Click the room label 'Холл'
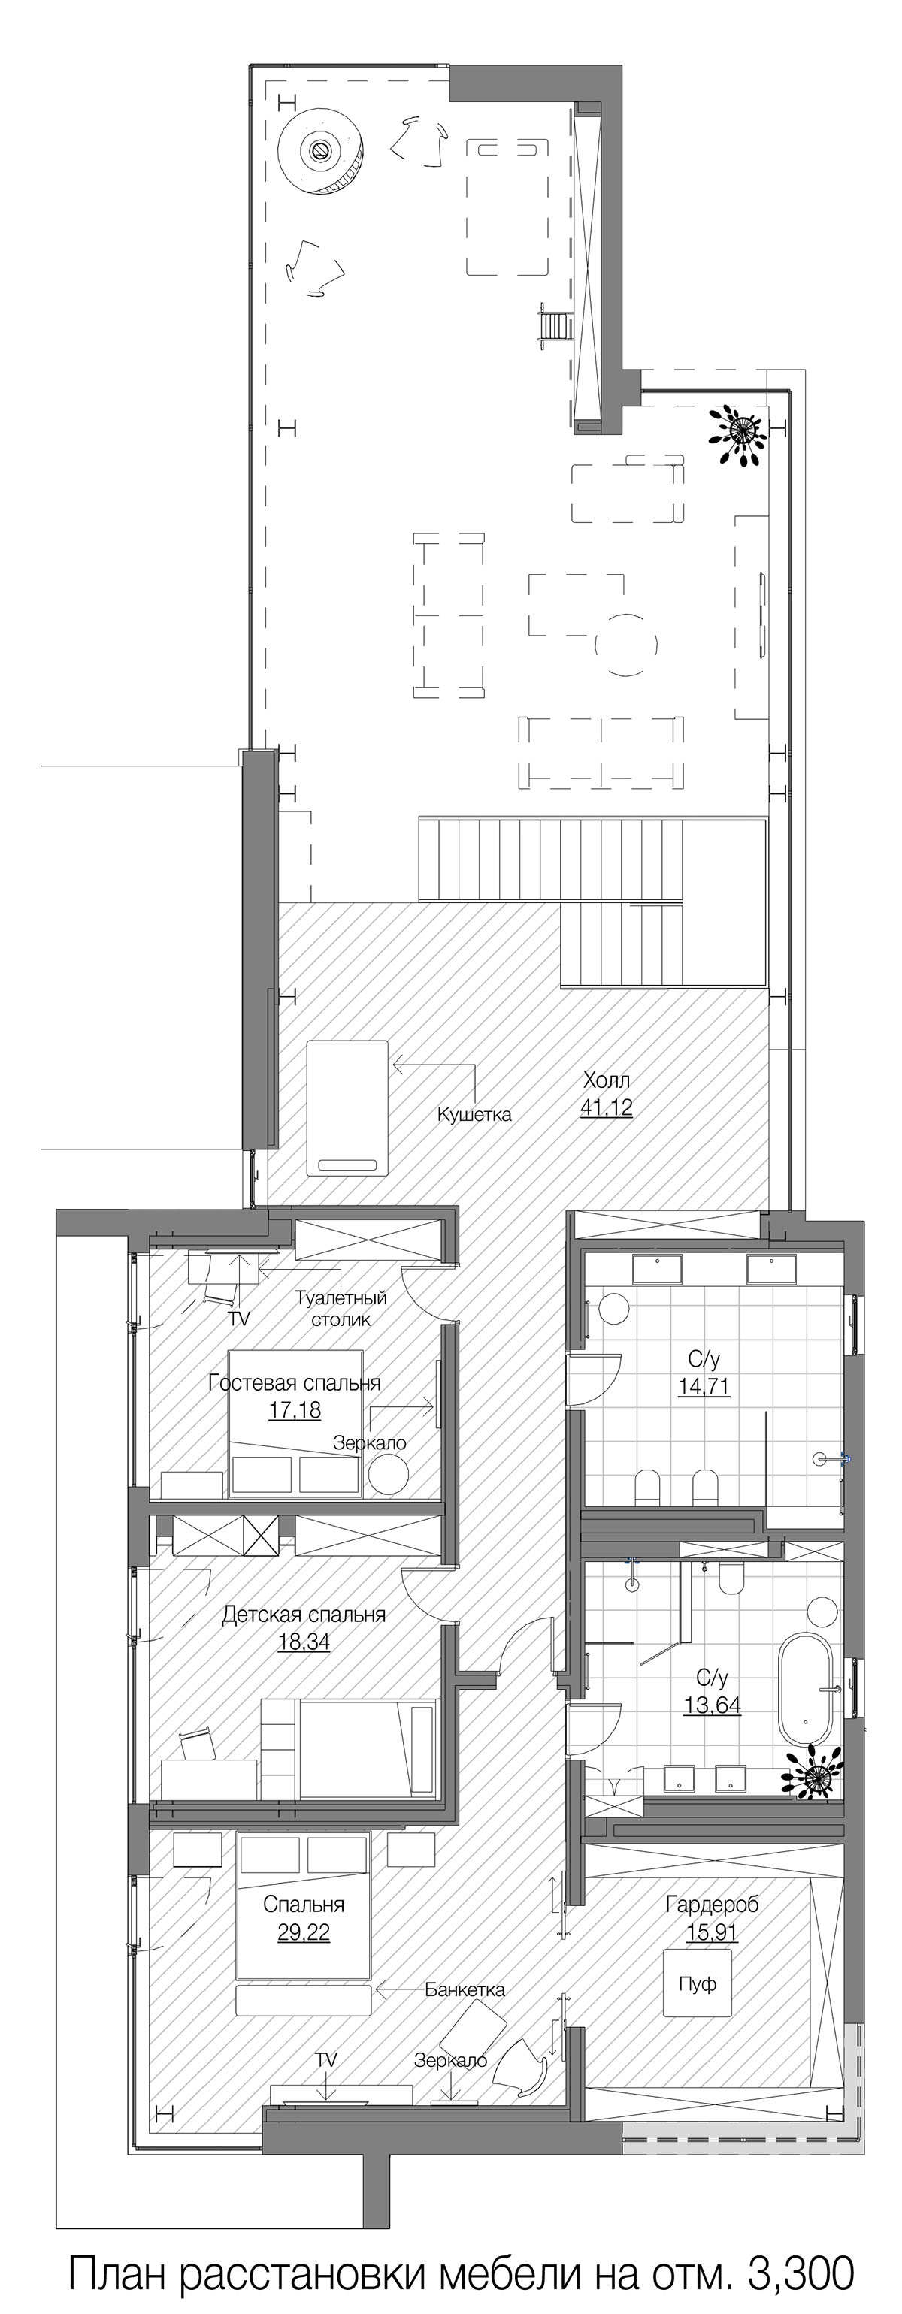point(607,1079)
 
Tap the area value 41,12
point(607,1107)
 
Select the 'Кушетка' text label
point(474,1115)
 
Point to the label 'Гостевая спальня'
point(295,1382)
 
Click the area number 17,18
point(295,1410)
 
